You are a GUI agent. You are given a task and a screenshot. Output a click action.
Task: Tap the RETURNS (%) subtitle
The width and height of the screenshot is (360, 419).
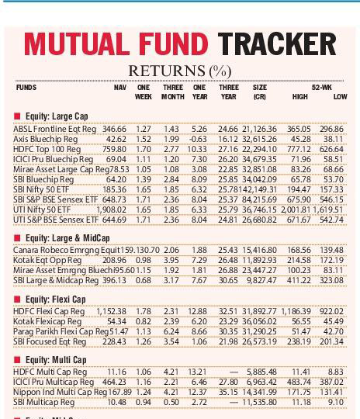coord(179,71)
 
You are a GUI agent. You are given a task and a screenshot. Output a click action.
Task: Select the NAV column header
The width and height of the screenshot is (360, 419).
coord(119,88)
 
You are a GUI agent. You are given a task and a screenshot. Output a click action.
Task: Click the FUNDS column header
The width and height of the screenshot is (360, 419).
coord(26,88)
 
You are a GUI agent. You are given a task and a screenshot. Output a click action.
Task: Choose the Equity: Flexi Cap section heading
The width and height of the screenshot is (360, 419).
coord(59,299)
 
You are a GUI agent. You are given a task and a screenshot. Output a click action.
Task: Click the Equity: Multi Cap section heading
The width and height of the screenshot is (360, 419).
coord(59,360)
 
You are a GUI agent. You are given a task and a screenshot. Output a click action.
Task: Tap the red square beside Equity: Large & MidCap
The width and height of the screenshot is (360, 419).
coord(17,237)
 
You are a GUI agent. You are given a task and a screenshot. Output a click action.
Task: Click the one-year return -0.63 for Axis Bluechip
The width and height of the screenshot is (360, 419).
coord(199,138)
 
